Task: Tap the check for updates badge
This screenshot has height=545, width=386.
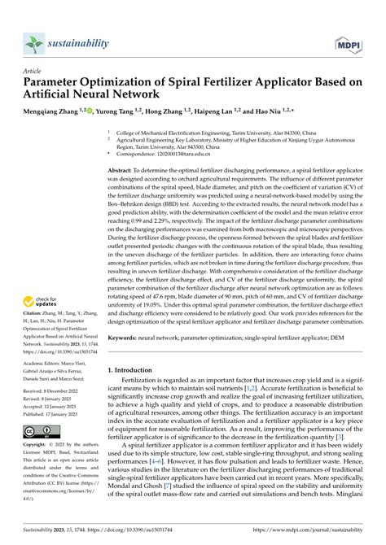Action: pos(39,281)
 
